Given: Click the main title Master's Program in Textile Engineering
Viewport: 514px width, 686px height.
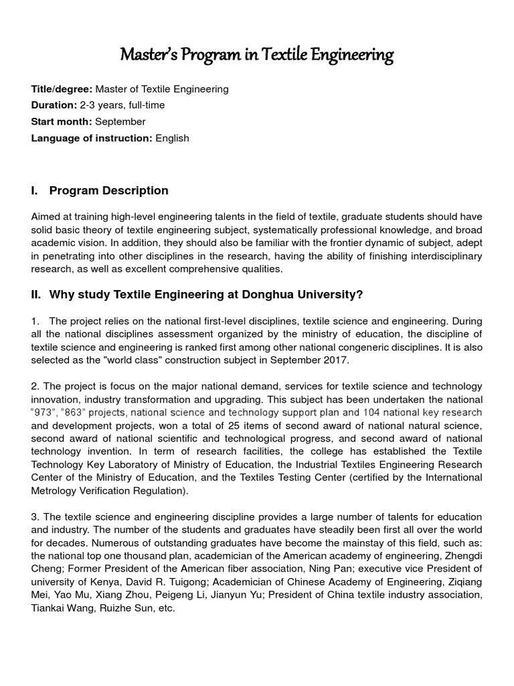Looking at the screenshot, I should [x=256, y=54].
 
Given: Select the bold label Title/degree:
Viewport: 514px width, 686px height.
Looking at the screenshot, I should [x=62, y=88].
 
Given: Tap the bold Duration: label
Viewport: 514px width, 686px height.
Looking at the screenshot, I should [x=54, y=105].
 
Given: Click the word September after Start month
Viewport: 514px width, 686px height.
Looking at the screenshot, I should [x=120, y=121].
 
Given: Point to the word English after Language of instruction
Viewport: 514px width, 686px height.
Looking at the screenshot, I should [x=172, y=138].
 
